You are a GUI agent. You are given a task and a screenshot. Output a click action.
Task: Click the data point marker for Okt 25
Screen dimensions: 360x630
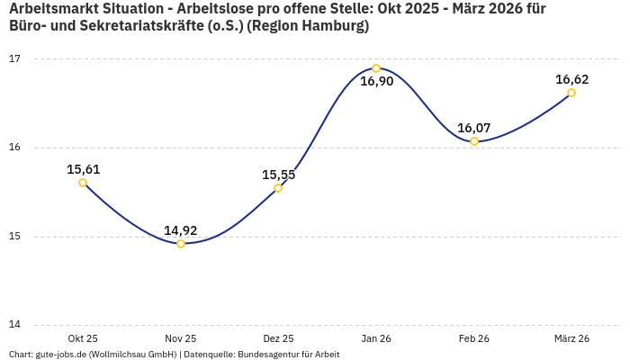pos(83,183)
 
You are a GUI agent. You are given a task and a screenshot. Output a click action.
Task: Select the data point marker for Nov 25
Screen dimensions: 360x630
pos(181,244)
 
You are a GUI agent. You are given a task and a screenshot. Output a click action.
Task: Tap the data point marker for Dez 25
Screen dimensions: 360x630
pos(278,188)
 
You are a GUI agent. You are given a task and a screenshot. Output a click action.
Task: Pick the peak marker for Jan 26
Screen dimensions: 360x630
pos(376,68)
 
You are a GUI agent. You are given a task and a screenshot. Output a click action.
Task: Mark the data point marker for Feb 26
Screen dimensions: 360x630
pos(474,141)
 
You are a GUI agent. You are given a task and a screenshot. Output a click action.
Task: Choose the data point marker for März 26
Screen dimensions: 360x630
pos(571,93)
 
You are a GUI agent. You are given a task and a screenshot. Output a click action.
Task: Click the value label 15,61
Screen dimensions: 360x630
pos(83,169)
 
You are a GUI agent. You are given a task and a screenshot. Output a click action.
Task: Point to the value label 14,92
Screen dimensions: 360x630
pos(181,230)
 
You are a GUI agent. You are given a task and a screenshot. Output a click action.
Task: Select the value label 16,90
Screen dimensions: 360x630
pos(376,82)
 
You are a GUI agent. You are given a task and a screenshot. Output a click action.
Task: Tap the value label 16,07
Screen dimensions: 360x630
pos(474,128)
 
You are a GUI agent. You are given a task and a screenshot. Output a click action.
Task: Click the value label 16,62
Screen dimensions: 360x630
pos(571,79)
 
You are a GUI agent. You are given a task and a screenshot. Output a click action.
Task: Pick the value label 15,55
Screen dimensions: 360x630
pos(278,175)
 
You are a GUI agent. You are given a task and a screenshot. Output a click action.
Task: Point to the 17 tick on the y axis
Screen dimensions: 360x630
pos(14,59)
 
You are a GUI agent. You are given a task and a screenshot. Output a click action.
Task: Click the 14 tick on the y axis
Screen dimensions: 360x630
pos(14,326)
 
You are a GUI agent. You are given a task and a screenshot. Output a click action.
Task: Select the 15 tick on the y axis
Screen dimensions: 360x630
pos(14,237)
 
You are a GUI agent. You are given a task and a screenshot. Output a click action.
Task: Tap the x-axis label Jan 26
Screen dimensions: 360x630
pos(376,338)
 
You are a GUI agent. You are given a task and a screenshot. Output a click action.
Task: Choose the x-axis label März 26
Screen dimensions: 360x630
pos(571,338)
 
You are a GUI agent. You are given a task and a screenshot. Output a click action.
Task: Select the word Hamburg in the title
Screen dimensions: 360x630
pos(336,27)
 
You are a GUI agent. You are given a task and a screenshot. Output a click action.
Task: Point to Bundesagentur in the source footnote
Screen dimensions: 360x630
pos(267,355)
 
